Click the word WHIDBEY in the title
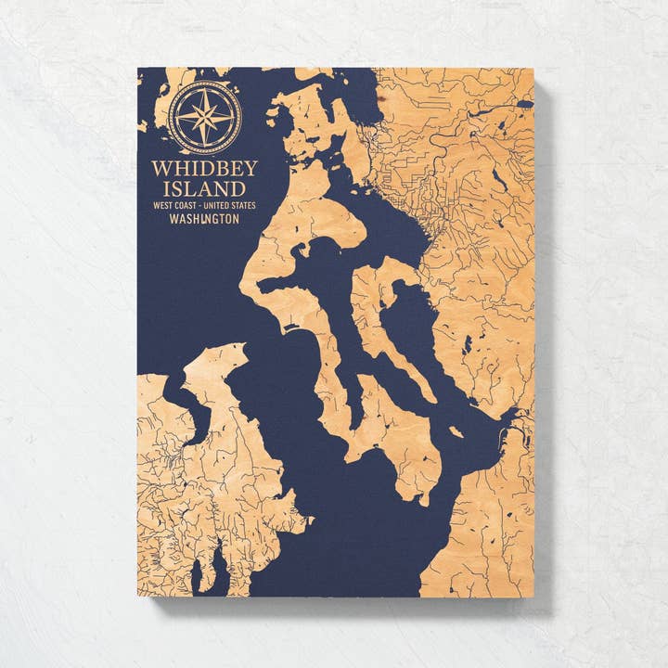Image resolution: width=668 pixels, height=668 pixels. tap(204, 169)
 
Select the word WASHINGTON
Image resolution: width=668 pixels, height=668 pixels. tap(204, 220)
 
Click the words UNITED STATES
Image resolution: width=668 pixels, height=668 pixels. tap(228, 205)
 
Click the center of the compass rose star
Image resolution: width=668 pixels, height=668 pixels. tap(205, 118)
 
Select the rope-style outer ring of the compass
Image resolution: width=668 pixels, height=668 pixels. tap(205, 83)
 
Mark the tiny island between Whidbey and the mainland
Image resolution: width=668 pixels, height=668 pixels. tap(456, 431)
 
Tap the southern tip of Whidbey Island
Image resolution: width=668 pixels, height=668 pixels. tap(422, 502)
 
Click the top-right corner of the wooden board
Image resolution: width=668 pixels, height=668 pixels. tap(533, 69)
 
